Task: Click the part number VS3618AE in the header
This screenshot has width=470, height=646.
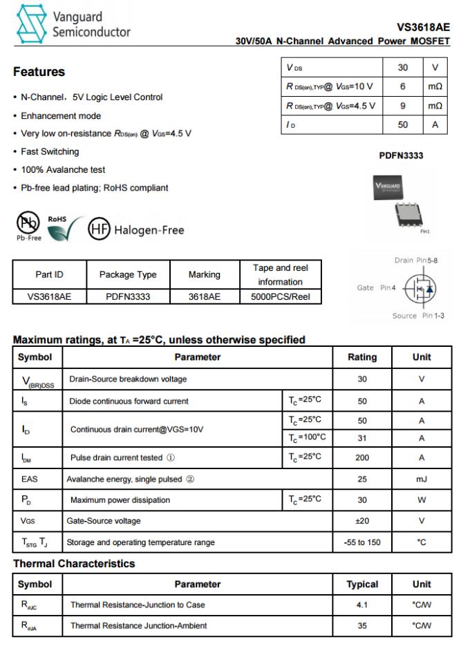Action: point(423,27)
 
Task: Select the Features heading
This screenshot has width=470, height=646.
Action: point(39,72)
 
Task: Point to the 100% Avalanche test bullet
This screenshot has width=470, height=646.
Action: point(63,169)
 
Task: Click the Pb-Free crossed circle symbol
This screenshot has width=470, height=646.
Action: point(28,223)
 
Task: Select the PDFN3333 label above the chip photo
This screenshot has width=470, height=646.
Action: point(401,155)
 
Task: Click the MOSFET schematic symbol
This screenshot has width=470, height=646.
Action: point(420,288)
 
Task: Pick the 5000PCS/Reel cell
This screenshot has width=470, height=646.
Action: point(281,296)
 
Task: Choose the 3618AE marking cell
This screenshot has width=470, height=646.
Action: point(204,296)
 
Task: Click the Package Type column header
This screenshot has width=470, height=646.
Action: point(128,274)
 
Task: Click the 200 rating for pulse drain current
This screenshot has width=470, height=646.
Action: point(361,457)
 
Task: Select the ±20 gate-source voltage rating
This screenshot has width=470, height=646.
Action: point(361,521)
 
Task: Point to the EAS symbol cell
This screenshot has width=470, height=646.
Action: point(30,479)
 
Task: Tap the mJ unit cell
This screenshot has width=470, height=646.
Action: point(422,479)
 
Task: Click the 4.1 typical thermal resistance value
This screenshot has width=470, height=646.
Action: point(361,605)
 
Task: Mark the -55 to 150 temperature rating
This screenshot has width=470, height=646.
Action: point(361,542)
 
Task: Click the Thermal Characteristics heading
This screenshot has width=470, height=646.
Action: point(74,564)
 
